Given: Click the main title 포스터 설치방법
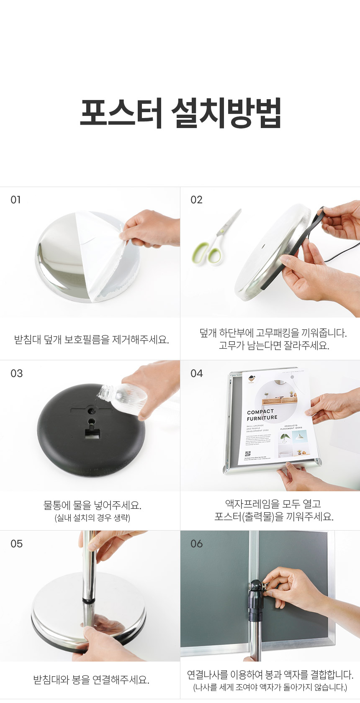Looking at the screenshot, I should tap(180, 113).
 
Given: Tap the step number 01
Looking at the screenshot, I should tap(15, 200).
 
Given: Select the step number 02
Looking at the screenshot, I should tap(196, 200).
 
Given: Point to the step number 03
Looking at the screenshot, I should tap(16, 373).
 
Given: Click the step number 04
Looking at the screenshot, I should tap(196, 373).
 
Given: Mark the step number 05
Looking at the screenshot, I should tap(16, 544).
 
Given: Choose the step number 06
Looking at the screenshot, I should tap(196, 544).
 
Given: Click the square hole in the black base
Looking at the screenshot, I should tap(91, 433).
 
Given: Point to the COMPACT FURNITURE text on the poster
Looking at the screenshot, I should tap(262, 415).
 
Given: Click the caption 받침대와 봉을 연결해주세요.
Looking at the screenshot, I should tap(91, 680).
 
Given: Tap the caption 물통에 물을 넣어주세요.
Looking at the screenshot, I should tap(92, 505).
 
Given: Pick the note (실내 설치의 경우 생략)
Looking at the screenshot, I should tap(92, 518).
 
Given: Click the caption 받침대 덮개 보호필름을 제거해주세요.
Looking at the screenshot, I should tap(91, 339).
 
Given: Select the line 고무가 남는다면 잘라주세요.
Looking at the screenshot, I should tap(274, 346).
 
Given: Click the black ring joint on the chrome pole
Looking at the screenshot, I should tap(89, 600).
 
